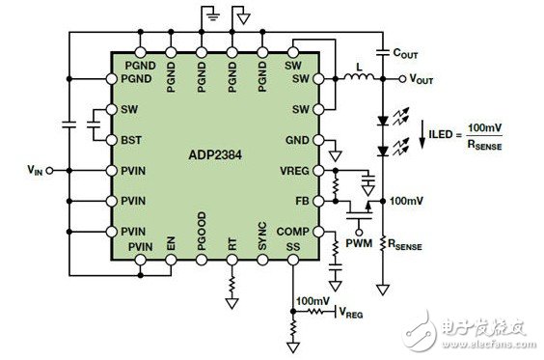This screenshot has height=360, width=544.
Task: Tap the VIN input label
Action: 35,169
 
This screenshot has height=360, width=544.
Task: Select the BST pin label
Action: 132,140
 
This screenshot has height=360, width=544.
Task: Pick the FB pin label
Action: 301,201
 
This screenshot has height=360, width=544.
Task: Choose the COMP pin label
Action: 292,232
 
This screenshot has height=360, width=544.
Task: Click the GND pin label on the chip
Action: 297,140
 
